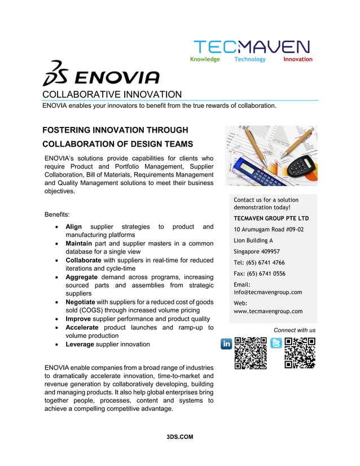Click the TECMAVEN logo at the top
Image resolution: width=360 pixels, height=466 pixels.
click(251, 47)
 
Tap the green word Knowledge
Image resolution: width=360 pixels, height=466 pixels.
click(205, 59)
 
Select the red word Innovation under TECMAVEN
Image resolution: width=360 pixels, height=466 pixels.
click(297, 59)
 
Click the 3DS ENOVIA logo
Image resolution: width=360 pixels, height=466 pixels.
click(102, 74)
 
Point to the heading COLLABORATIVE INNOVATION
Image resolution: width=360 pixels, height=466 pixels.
click(112, 94)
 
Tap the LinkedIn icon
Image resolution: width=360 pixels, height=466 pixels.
click(226, 344)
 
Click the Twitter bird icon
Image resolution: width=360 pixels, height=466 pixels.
click(276, 343)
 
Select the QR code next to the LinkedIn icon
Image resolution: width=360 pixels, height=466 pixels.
click(251, 353)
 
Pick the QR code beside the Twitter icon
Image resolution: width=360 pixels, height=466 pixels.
click(300, 353)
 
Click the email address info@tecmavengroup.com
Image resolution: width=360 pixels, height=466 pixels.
click(268, 292)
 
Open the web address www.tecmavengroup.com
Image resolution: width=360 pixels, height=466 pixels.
click(268, 311)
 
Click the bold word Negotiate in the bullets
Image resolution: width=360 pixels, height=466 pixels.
click(84, 302)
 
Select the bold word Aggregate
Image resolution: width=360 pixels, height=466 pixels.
click(85, 277)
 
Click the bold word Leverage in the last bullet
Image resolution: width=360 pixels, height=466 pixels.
click(80, 344)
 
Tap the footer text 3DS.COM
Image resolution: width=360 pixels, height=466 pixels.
click(180, 437)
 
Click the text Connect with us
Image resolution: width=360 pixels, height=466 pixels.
click(295, 330)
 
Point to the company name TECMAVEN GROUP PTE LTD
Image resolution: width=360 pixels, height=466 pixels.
click(271, 218)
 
